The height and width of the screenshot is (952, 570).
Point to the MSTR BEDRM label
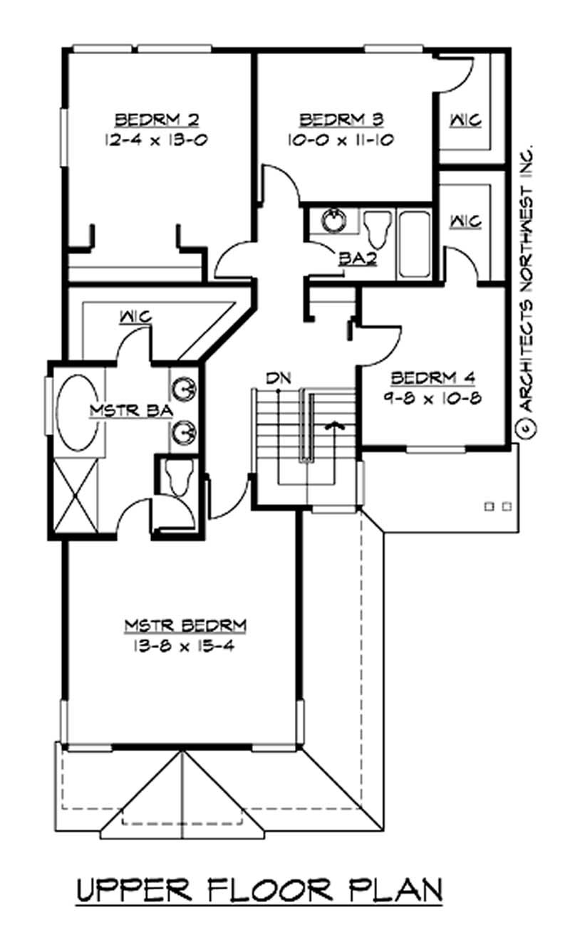(x=186, y=626)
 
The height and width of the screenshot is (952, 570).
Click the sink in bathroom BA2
(x=333, y=221)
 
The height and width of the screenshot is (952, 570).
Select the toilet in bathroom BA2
(x=375, y=229)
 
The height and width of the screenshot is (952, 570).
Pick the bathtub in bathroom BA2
(x=414, y=242)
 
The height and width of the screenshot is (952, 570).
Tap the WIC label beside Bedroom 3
(x=465, y=121)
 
